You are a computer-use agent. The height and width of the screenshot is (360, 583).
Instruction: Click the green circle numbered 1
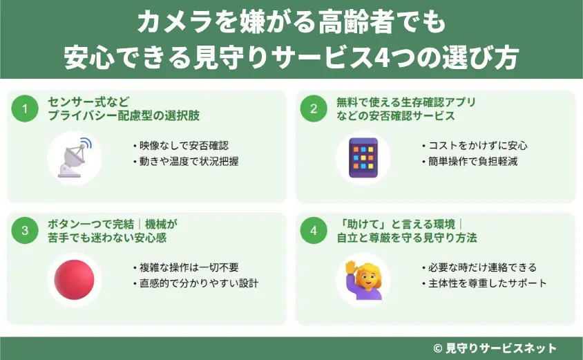point(25,108)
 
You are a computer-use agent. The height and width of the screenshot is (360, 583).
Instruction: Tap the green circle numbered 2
point(314,108)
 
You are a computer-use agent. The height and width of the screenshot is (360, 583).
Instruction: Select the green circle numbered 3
point(25,231)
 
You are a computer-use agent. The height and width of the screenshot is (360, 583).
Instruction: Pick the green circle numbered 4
point(314,231)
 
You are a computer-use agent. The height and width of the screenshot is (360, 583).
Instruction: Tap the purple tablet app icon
point(363,158)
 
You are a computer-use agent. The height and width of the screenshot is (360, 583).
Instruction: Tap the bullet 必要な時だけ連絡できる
point(479,267)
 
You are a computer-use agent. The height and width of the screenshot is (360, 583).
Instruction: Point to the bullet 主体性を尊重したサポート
point(484,283)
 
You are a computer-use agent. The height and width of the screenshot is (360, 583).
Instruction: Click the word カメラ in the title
point(165,24)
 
